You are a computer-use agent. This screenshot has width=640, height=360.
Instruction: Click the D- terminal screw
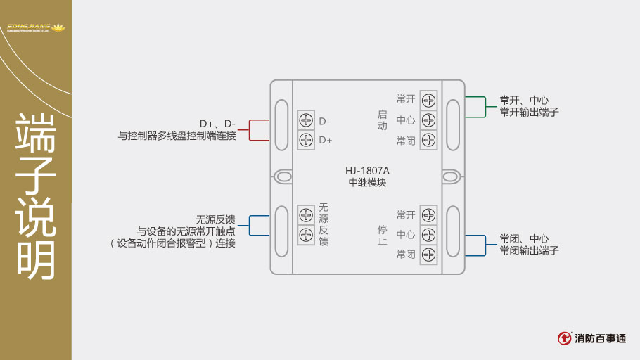point(306,120)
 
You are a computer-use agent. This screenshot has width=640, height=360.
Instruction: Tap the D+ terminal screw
point(306,139)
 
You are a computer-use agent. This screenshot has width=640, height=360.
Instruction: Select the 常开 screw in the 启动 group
point(428,100)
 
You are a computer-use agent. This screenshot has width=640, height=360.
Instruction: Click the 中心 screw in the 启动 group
point(428,120)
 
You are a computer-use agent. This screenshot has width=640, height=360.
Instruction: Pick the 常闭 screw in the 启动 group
point(428,140)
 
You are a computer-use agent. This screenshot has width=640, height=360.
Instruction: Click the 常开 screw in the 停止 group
point(428,215)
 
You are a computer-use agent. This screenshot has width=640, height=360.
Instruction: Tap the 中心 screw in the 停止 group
point(428,234)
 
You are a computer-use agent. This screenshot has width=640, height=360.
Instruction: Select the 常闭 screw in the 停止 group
point(428,254)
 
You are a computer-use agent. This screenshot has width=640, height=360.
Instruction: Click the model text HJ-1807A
point(367,170)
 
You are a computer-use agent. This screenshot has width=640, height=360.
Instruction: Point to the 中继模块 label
point(367,183)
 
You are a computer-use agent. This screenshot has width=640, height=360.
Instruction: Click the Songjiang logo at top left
point(35,28)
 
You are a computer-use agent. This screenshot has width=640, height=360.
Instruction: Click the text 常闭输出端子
point(529,250)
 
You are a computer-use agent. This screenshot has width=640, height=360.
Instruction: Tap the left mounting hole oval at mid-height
point(283,176)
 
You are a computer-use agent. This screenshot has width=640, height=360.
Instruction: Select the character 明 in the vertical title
point(36,259)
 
